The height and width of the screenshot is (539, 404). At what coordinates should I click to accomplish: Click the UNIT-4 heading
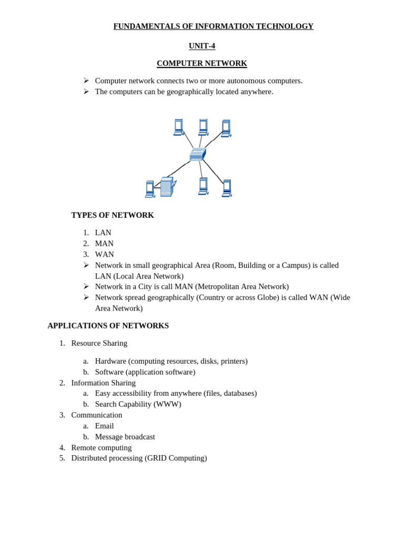point(201,46)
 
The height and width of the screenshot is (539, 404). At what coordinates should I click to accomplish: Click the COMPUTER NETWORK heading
point(201,63)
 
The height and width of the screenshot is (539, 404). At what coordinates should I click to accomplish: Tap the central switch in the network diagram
point(198,154)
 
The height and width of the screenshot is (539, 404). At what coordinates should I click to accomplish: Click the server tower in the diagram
point(167,187)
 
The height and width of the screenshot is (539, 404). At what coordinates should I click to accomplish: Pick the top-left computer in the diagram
point(179,127)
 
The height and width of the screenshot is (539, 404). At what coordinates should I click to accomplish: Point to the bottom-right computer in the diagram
point(227,188)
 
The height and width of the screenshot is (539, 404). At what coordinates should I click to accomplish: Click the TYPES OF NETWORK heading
point(113,215)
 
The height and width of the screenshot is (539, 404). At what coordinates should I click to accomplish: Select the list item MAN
point(104,243)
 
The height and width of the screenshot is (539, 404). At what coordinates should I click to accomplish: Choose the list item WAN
point(104,254)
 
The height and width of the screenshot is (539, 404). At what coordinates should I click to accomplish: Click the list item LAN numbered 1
point(103,233)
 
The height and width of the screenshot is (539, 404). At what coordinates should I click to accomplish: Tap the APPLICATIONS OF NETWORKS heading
point(108,326)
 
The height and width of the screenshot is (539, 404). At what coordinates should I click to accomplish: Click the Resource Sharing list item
point(99,343)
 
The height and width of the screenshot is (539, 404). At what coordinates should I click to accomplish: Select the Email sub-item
point(104,426)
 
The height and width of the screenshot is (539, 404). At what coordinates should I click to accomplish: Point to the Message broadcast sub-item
point(125,437)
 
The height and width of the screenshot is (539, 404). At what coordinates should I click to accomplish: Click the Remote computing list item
point(102,447)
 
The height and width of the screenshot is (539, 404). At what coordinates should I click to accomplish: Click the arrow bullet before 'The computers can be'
point(86,92)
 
